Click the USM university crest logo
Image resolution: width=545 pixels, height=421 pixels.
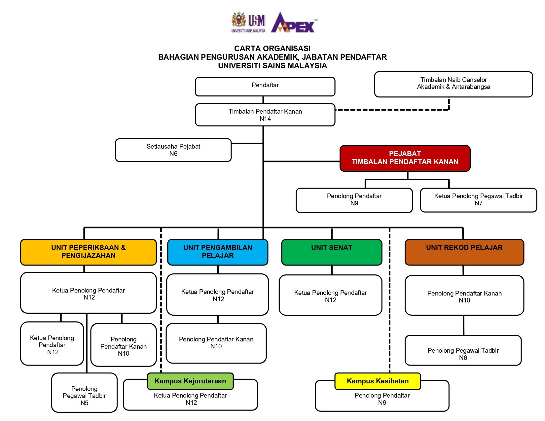pyautogui.click(x=239, y=20)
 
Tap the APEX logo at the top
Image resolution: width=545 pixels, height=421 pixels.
pyautogui.click(x=293, y=23)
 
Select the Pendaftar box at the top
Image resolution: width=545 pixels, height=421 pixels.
pyautogui.click(x=265, y=87)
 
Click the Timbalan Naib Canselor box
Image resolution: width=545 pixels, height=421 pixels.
pyautogui.click(x=453, y=84)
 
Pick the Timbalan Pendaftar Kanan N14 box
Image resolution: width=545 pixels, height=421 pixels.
pyautogui.click(x=265, y=115)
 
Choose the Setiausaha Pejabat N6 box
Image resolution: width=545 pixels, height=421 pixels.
pyautogui.click(x=173, y=150)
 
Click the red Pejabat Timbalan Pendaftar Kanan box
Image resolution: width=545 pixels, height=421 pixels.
pyautogui.click(x=405, y=158)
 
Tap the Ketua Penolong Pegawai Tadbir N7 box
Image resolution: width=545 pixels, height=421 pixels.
pyautogui.click(x=478, y=200)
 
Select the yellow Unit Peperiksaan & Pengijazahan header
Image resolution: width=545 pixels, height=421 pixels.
pyautogui.click(x=88, y=252)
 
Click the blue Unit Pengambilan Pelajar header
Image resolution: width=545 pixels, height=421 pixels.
pyautogui.click(x=218, y=252)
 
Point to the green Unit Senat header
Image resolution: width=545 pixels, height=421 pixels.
pyautogui.click(x=332, y=252)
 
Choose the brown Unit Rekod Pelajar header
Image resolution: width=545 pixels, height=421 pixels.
pyautogui.click(x=464, y=252)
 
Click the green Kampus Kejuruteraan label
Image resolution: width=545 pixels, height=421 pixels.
pyautogui.click(x=190, y=381)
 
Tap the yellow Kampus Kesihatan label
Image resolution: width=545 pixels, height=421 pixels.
pyautogui.click(x=378, y=381)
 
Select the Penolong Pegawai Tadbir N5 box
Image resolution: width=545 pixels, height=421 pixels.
pyautogui.click(x=84, y=393)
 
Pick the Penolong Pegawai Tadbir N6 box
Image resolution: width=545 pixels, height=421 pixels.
pyautogui.click(x=463, y=351)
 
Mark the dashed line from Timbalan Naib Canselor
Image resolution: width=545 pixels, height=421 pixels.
pyautogui.click(x=393, y=110)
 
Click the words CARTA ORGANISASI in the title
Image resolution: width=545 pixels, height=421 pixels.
pyautogui.click(x=272, y=49)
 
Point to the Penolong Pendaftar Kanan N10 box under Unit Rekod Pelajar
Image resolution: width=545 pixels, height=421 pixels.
pyautogui.click(x=464, y=296)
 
